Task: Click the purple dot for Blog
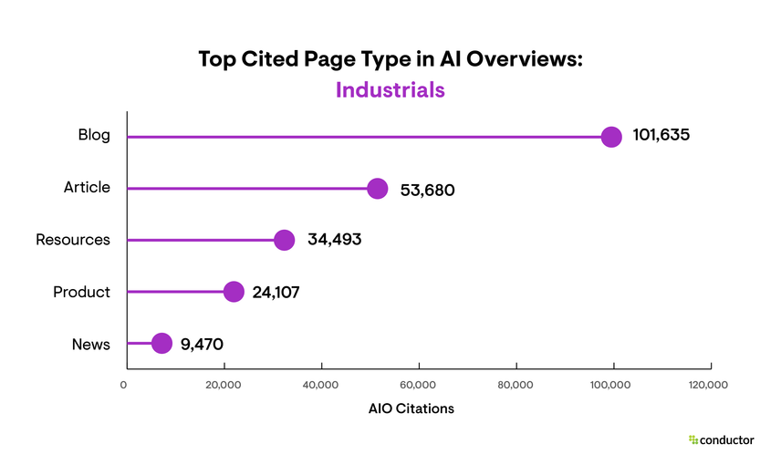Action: click(611, 137)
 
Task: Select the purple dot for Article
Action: click(378, 189)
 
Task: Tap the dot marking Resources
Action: click(285, 241)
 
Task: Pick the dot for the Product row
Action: click(234, 292)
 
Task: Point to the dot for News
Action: click(161, 344)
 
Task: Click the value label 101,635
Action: click(661, 136)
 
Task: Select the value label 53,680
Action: click(427, 190)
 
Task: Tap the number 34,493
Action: click(334, 241)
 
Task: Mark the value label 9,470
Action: click(203, 345)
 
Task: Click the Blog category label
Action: click(94, 136)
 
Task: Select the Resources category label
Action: click(73, 241)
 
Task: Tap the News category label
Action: click(91, 345)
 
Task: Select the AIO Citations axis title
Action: click(411, 408)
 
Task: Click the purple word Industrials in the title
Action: click(390, 90)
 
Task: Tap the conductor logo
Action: click(721, 439)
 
